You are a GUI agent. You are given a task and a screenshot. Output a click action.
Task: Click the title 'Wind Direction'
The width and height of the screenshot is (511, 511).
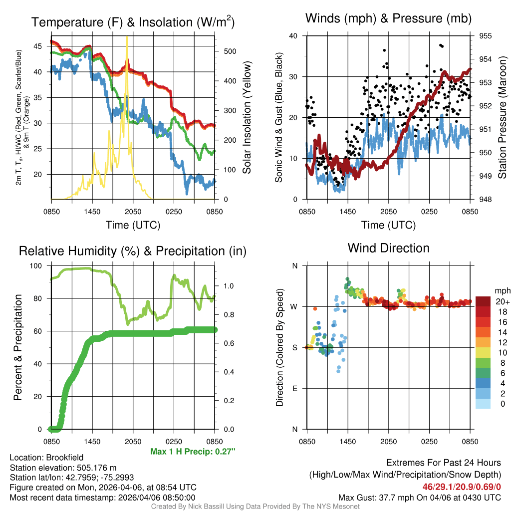coord(388,248)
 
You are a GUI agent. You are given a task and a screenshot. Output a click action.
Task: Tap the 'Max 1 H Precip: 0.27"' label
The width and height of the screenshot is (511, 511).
coord(193,452)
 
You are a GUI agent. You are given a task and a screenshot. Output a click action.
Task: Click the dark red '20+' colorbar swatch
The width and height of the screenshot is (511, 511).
coord(483,302)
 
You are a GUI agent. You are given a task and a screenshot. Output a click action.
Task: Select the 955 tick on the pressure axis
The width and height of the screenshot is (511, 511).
coord(486,36)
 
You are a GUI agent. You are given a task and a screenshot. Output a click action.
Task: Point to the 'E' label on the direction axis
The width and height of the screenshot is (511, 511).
coord(295,388)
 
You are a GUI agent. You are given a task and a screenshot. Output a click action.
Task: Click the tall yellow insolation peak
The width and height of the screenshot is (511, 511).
coord(127,38)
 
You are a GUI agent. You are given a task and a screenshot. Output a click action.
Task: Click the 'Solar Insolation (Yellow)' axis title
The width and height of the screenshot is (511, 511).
coord(247,118)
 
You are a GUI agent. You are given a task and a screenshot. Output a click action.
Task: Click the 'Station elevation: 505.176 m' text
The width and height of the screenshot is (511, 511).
coord(63,468)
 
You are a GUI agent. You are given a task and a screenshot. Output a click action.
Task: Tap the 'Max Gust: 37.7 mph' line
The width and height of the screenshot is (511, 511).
coord(419,497)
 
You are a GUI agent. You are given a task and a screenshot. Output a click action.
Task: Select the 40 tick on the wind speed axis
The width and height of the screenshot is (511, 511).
coord(293,36)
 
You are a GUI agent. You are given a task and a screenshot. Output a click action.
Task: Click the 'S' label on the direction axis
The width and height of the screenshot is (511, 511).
coord(295,347)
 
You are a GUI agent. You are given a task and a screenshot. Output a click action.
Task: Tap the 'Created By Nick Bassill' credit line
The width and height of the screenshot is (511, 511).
coord(255,507)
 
